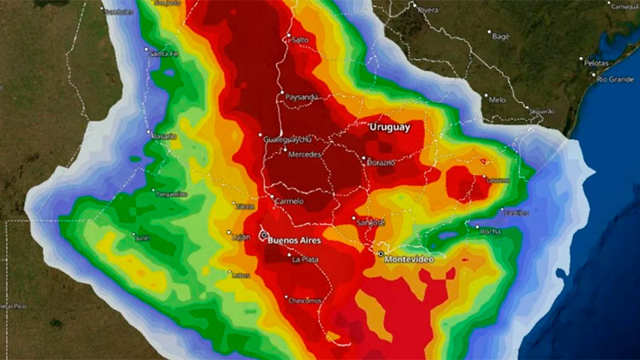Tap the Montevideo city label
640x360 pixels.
[414, 260]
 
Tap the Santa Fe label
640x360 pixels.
[162, 54]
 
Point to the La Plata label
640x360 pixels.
[306, 259]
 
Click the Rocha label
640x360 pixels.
[490, 232]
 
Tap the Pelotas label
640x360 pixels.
[597, 62]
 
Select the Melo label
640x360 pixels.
[497, 100]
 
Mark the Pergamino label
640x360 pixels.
[171, 194]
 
